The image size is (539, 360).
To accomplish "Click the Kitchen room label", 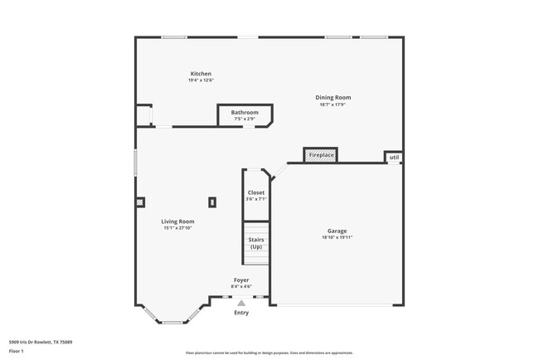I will click(x=201, y=74).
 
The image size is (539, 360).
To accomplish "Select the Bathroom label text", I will click(x=245, y=112).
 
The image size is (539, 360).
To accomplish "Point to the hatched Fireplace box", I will click(x=321, y=155).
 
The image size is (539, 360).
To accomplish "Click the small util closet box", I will click(x=394, y=157).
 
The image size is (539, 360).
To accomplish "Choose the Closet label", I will click(x=256, y=192).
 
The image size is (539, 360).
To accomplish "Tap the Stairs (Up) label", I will click(x=256, y=243).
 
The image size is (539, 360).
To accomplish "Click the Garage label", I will click(x=337, y=231).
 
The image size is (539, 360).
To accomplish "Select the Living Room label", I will click(x=178, y=221).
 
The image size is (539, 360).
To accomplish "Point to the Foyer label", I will click(x=241, y=280).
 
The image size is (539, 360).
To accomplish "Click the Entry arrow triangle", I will click(x=241, y=303).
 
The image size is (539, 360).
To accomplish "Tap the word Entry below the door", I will click(x=241, y=313).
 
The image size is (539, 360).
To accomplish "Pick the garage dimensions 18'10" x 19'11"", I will click(x=337, y=237).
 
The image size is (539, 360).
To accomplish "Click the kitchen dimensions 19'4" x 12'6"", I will click(x=201, y=80).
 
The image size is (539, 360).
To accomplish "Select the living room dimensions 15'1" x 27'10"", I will click(x=178, y=228).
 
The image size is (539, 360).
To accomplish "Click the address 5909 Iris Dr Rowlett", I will click(x=41, y=342).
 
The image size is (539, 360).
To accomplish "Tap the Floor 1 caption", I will click(x=17, y=352).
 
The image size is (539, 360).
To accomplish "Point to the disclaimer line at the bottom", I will click(x=269, y=353).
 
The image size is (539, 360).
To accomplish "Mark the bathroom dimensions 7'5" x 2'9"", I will click(x=245, y=119).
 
